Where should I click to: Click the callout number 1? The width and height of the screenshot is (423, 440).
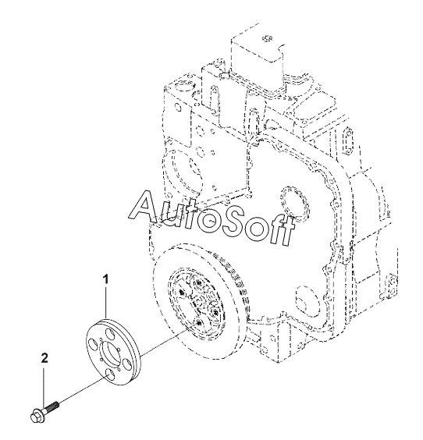click(x=105, y=280)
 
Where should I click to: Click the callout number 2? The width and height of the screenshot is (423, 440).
click(x=44, y=358)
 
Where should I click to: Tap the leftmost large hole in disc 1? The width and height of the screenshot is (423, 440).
click(x=92, y=345)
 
